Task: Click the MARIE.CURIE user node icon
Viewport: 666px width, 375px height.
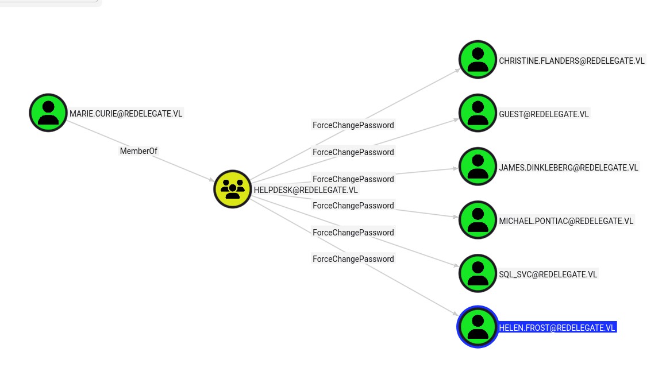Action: point(48,113)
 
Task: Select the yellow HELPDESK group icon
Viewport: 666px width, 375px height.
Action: point(233,189)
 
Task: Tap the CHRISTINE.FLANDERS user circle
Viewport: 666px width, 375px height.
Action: point(478,59)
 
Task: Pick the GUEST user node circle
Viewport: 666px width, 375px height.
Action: point(478,113)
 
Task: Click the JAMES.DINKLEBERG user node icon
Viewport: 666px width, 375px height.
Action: point(478,167)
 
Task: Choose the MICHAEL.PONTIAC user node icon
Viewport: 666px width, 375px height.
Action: point(478,220)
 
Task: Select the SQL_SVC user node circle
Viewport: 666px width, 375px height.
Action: point(478,273)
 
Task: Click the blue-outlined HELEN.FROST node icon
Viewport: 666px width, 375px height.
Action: point(477,327)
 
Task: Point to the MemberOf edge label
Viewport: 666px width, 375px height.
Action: point(138,151)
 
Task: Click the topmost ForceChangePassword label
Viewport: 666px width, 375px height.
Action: point(353,125)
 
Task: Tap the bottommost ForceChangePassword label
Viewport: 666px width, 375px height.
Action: point(353,259)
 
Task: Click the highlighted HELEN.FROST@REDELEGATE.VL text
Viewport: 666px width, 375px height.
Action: point(557,328)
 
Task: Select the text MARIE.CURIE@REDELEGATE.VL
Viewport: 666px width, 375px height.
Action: point(126,114)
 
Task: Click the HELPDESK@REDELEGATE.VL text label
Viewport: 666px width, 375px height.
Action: point(306,190)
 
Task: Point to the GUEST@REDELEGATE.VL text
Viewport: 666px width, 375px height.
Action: point(544,114)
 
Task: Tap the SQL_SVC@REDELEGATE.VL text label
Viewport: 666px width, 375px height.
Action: point(548,275)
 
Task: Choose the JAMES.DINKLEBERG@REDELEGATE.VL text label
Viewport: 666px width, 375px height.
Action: point(568,168)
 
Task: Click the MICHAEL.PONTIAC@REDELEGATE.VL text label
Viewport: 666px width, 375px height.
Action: point(566,221)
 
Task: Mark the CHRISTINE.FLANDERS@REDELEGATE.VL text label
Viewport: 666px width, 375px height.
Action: point(572,61)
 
